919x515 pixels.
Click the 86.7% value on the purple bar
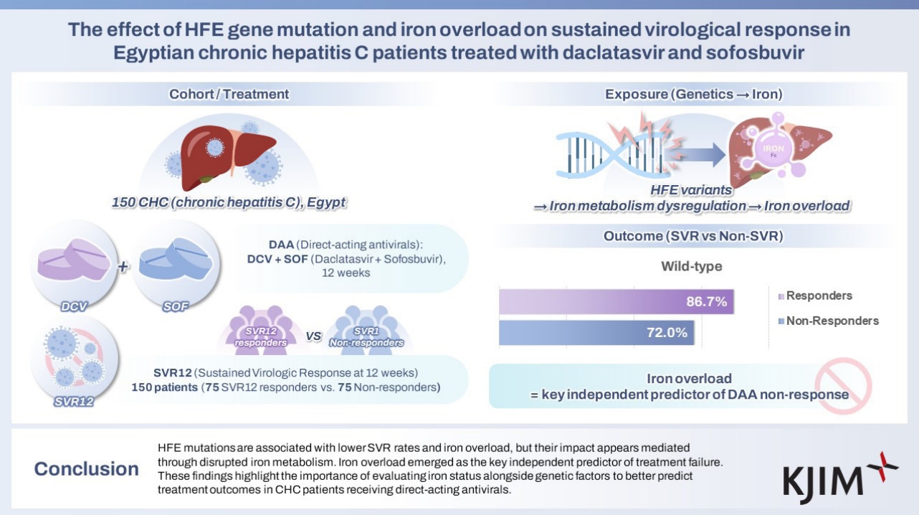[x=707, y=302]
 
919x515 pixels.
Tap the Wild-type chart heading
[x=691, y=267]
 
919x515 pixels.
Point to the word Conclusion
[x=87, y=469]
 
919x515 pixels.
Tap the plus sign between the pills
[x=123, y=267]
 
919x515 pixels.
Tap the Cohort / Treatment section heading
[x=229, y=94]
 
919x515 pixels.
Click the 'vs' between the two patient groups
[x=313, y=336]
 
